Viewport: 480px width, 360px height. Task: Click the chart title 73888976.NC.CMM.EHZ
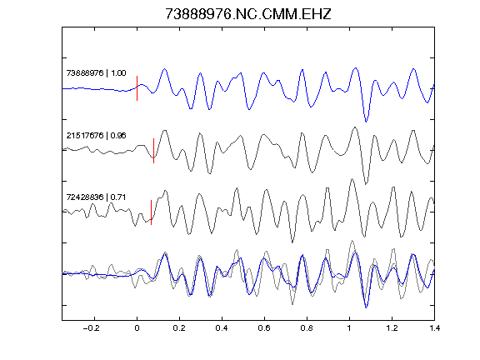click(x=248, y=14)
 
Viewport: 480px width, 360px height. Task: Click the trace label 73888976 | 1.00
click(x=96, y=73)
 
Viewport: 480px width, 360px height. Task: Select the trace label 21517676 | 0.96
click(x=96, y=135)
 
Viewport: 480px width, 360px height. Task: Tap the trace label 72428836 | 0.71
click(x=96, y=197)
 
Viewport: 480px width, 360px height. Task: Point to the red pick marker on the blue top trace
click(x=137, y=88)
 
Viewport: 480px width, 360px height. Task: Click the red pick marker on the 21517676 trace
click(x=153, y=151)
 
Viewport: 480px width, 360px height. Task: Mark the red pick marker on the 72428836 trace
click(x=151, y=212)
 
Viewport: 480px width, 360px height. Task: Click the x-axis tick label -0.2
click(x=91, y=328)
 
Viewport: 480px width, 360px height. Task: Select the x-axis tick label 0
click(x=137, y=328)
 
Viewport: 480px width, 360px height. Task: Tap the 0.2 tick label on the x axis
click(x=179, y=328)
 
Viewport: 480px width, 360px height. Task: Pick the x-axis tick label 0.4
click(x=222, y=328)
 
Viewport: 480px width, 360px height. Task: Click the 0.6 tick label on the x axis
click(x=264, y=328)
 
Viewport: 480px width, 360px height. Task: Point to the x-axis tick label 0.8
click(x=307, y=328)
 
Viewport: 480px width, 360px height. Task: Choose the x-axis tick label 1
click(x=349, y=328)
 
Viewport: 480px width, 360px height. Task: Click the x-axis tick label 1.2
click(x=392, y=328)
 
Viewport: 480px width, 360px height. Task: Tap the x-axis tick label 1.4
click(x=434, y=328)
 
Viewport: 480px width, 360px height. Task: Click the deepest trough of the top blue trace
click(x=366, y=122)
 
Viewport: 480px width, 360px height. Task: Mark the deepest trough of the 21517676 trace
click(x=366, y=184)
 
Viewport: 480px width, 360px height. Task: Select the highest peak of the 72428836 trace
click(x=352, y=179)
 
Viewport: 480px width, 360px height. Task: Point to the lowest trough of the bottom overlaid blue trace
click(x=366, y=307)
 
